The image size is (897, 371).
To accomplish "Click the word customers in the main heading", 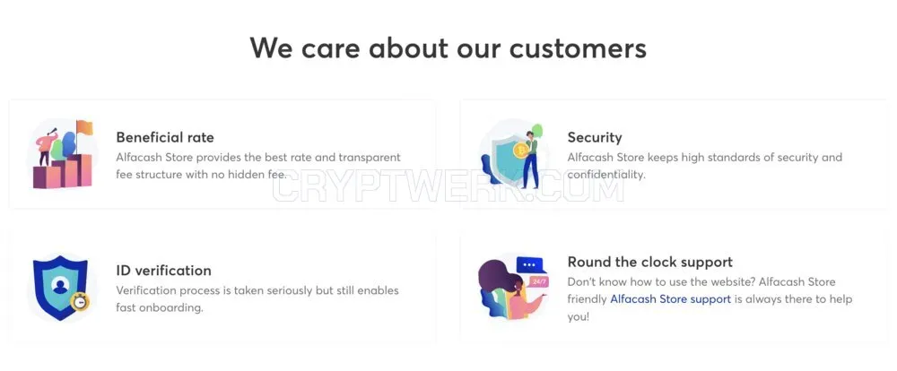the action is [x=578, y=47].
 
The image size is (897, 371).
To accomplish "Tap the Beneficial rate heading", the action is [x=165, y=137].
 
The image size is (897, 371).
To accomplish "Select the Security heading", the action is [x=595, y=138].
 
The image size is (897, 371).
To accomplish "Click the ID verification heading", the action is [x=163, y=270].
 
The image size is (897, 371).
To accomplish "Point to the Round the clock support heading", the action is [x=649, y=262].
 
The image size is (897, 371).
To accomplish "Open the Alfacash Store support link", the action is [x=670, y=299].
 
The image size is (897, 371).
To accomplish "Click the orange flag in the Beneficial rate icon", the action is [x=84, y=127].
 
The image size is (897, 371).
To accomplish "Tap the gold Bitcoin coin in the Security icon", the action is [x=520, y=151].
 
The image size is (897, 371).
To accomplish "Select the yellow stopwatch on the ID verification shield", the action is [x=79, y=301].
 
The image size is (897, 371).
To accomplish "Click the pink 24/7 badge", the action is [x=539, y=281].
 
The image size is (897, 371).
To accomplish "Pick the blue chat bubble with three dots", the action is [x=529, y=264].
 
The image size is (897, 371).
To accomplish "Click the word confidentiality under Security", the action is [x=605, y=175].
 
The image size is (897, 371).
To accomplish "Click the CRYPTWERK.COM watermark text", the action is [x=448, y=185].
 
